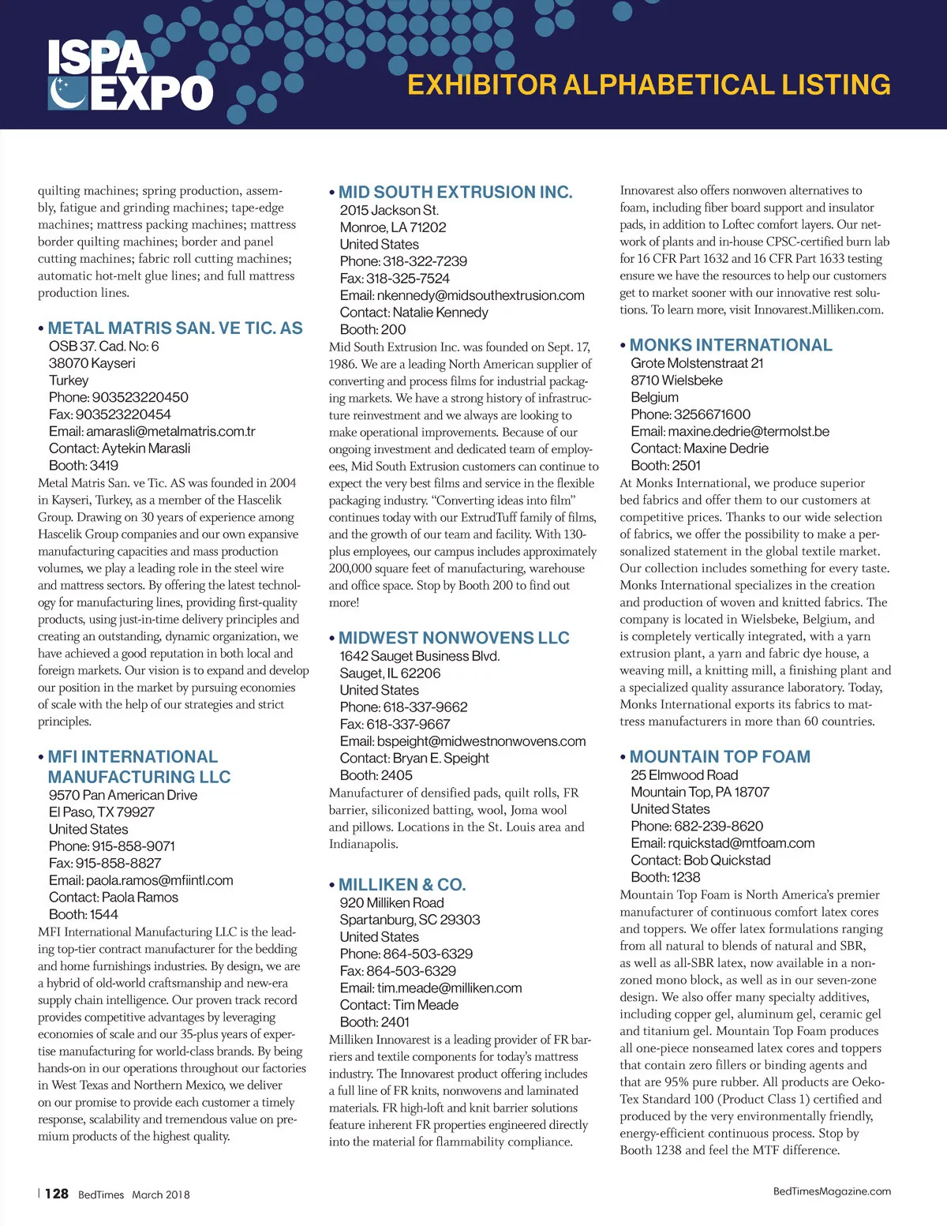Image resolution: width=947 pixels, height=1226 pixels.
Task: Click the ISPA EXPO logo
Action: pyautogui.click(x=130, y=76)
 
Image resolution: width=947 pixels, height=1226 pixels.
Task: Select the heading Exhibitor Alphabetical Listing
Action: pyautogui.click(x=648, y=84)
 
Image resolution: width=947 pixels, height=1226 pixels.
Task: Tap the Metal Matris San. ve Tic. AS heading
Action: pyautogui.click(x=174, y=328)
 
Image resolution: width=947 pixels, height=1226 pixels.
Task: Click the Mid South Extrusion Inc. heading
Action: pyautogui.click(x=455, y=192)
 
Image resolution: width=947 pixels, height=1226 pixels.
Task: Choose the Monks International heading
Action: pyautogui.click(x=730, y=345)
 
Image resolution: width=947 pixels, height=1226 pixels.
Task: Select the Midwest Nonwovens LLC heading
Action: pyautogui.click(x=454, y=638)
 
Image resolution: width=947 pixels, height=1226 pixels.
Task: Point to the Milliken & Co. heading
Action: pyautogui.click(x=402, y=884)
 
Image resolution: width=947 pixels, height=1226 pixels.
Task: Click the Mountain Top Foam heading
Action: pyautogui.click(x=720, y=756)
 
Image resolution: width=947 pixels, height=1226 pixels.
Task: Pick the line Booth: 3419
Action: pyautogui.click(x=84, y=466)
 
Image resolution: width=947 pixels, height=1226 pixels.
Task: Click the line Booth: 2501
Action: pyautogui.click(x=665, y=466)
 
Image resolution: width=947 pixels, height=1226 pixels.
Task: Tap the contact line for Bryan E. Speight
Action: pyautogui.click(x=414, y=758)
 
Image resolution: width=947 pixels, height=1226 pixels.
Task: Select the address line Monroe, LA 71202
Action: pyautogui.click(x=393, y=227)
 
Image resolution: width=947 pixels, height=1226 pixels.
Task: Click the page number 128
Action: pyautogui.click(x=57, y=1194)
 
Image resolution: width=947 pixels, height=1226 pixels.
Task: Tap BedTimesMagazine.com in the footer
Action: pyautogui.click(x=832, y=1191)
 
